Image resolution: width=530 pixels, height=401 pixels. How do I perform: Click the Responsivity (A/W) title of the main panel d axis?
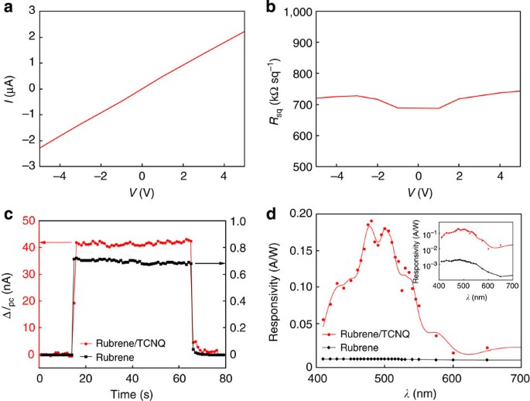coord(276,286)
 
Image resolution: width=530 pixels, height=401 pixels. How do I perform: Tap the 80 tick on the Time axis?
coord(224,377)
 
